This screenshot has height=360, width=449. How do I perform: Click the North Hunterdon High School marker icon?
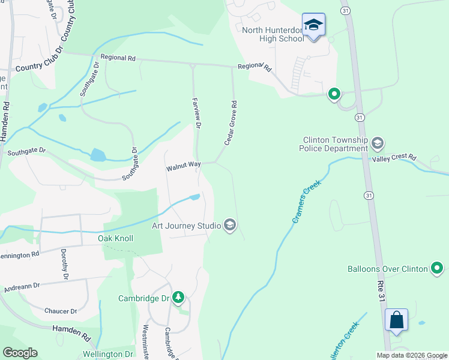[313, 25]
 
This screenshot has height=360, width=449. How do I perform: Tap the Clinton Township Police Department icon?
[378, 143]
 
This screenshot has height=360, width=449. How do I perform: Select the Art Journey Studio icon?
[229, 226]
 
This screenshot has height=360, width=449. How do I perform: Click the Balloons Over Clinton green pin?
[438, 268]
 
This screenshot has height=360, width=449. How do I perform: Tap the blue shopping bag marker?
[397, 319]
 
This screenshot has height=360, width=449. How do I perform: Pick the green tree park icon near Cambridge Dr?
[178, 298]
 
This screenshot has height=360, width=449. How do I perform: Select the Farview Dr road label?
[196, 112]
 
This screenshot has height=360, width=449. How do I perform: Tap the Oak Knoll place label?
[115, 238]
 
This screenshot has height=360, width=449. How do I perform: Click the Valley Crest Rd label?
[394, 157]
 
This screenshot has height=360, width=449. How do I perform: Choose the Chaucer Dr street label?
[61, 311]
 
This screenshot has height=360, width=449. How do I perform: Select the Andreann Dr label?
[21, 288]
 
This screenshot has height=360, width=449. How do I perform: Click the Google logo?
[20, 353]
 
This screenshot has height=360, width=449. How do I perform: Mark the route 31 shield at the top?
[345, 11]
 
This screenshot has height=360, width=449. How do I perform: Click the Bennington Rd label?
[20, 254]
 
